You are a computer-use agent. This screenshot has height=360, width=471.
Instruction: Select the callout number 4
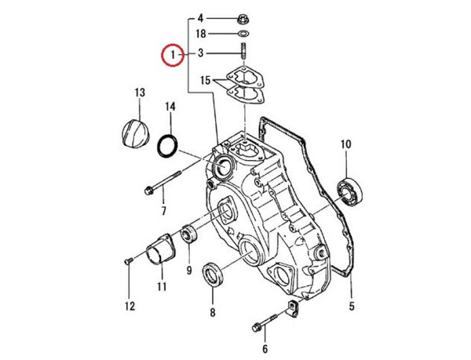tap(200, 17)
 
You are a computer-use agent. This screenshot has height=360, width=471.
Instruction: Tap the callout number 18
tap(200, 35)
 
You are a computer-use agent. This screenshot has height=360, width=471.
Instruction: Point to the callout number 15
tap(205, 81)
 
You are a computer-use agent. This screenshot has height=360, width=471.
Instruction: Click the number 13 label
tap(140, 93)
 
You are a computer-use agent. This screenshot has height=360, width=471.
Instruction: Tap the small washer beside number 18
tap(243, 35)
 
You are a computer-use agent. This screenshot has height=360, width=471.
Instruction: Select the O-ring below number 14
tap(167, 146)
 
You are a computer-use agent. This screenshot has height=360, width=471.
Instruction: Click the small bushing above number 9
tap(188, 233)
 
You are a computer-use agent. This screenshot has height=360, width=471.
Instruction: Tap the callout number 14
tap(170, 106)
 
